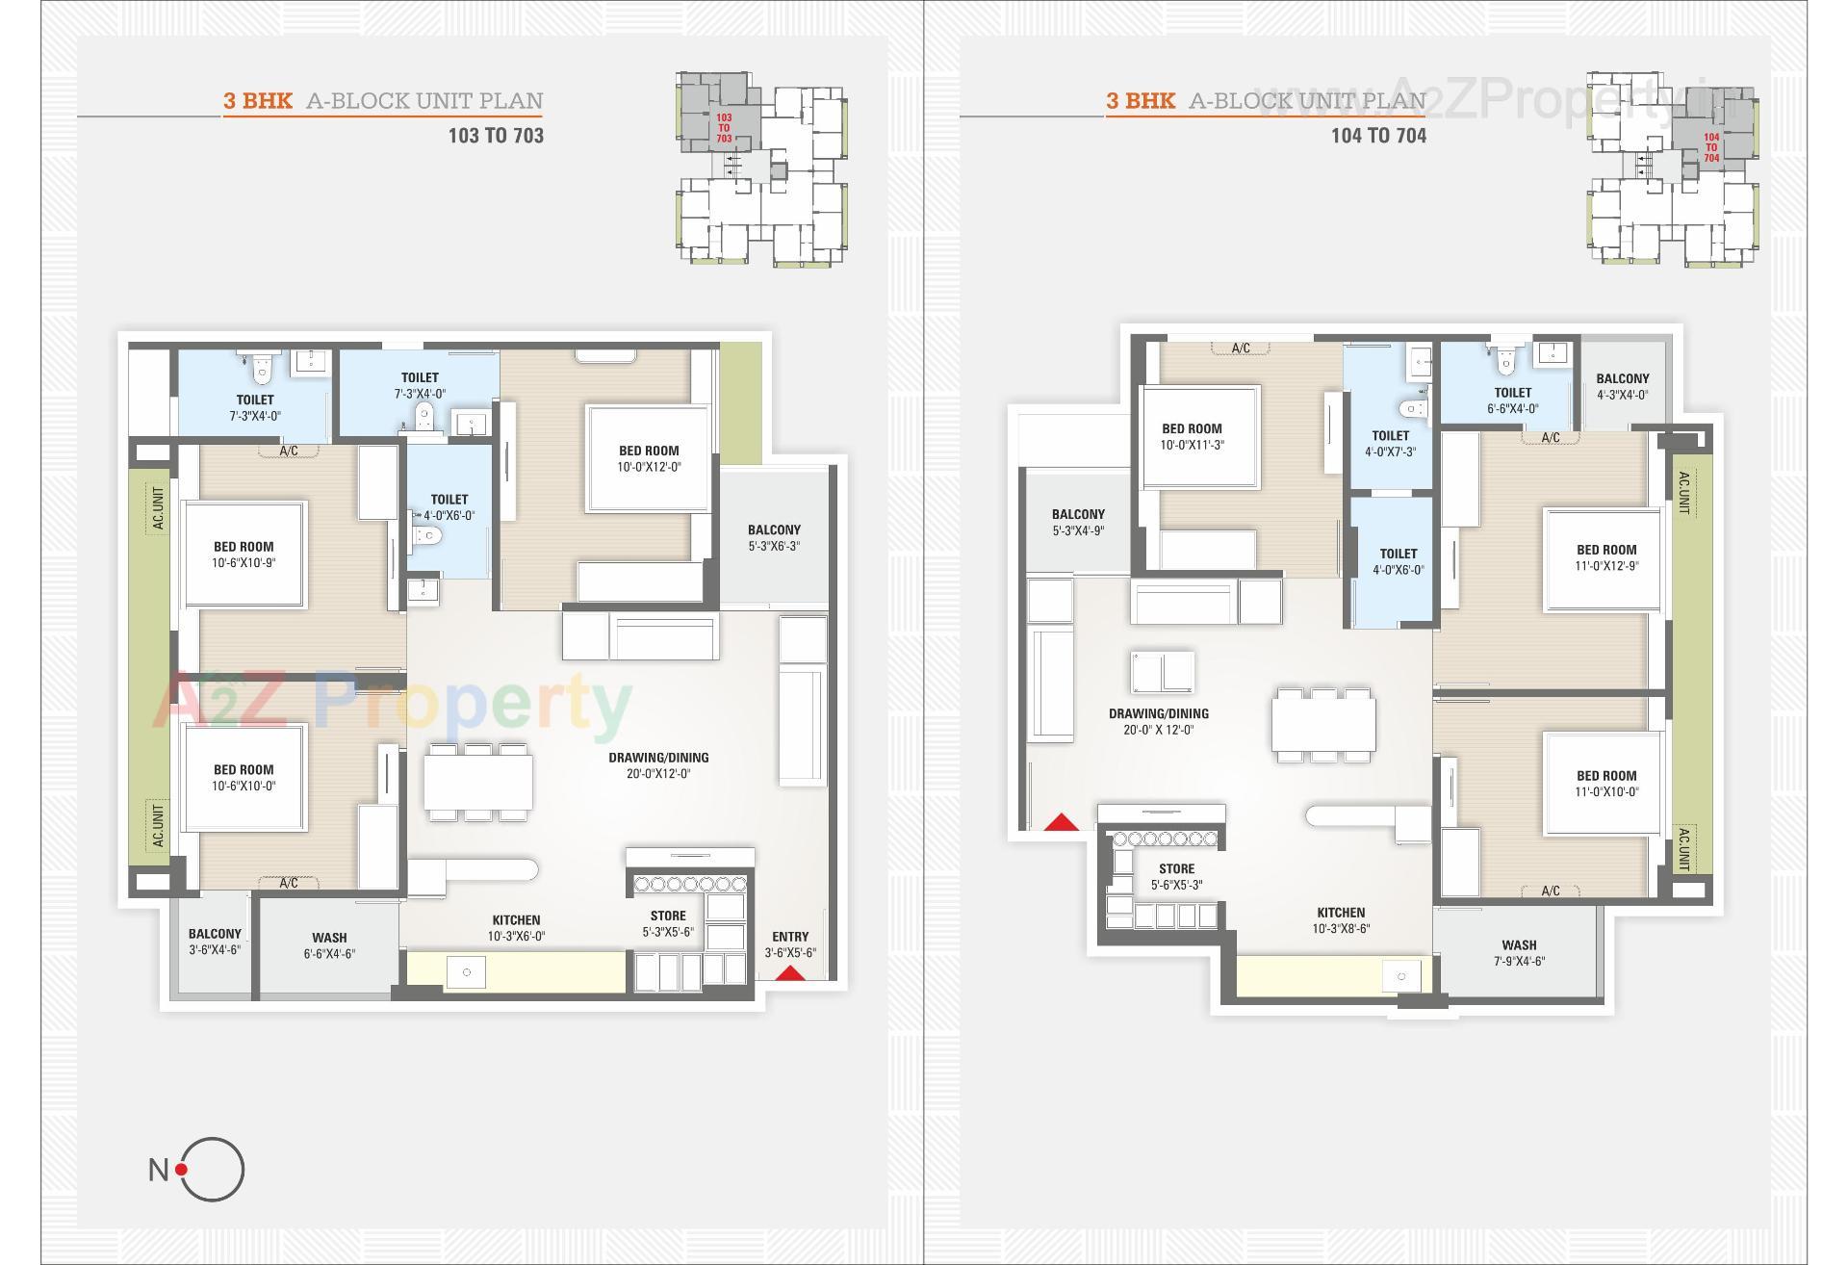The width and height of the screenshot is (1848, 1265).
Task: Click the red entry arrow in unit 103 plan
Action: click(x=790, y=973)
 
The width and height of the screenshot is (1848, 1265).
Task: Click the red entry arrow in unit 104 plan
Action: click(x=1062, y=822)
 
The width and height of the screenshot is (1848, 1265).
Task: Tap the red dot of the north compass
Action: click(x=182, y=1170)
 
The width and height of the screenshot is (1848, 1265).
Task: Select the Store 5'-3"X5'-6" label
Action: click(x=668, y=924)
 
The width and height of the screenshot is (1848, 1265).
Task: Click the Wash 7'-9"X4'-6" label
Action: click(x=1519, y=953)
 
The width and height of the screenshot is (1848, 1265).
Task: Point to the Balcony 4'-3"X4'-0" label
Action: click(x=1622, y=386)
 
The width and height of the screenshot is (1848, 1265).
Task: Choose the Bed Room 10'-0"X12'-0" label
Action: click(x=649, y=458)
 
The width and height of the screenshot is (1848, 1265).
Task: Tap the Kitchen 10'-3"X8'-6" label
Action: click(x=1341, y=920)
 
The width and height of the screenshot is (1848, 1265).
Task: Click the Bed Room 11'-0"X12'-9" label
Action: click(x=1605, y=558)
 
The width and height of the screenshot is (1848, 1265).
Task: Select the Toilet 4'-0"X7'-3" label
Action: click(x=1390, y=444)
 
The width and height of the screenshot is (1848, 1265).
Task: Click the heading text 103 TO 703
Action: click(x=496, y=136)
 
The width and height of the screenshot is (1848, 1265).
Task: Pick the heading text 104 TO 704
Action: click(x=1378, y=136)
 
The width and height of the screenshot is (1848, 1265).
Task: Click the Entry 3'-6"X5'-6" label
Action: click(x=790, y=944)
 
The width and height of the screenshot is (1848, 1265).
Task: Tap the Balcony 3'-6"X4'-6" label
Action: click(x=215, y=942)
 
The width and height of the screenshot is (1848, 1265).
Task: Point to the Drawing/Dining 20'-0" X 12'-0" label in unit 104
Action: click(x=1158, y=722)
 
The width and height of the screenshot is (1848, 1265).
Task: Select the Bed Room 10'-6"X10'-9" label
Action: click(x=244, y=555)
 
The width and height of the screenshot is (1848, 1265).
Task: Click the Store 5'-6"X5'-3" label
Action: click(x=1176, y=877)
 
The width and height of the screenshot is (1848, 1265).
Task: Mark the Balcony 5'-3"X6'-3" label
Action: click(x=774, y=538)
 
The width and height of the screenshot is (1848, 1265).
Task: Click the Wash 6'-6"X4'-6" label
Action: click(x=329, y=945)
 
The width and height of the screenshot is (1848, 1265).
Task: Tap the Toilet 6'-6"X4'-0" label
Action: click(x=1512, y=400)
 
